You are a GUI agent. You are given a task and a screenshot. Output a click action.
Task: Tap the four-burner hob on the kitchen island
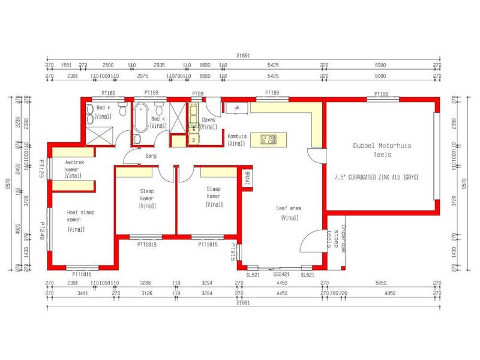coord(269,139)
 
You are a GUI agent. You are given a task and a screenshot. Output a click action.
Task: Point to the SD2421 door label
coord(281,274)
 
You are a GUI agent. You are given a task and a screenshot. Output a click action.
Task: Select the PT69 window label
coord(197,94)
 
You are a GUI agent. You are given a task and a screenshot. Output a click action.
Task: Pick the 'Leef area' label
coord(289,208)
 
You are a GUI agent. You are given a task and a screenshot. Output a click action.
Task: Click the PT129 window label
coord(43,169)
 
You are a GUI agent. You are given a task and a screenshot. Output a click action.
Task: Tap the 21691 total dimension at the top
coord(243,55)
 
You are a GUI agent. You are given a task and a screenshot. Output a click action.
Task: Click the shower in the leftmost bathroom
coord(99,134)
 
